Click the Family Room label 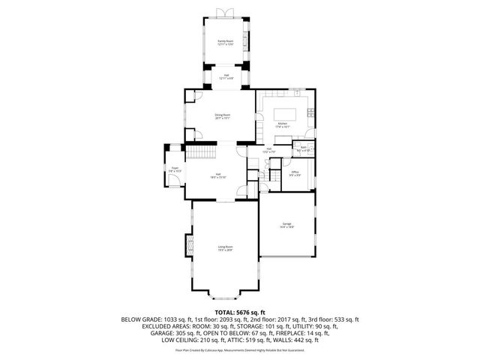pyautogui.click(x=225, y=43)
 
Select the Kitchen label pyautogui.click(x=283, y=124)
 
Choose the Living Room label pyautogui.click(x=225, y=248)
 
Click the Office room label pyautogui.click(x=295, y=173)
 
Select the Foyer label pyautogui.click(x=174, y=169)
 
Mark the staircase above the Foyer pyautogui.click(x=199, y=154)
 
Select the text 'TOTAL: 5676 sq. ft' pyautogui.click(x=240, y=311)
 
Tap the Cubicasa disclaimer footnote pyautogui.click(x=240, y=349)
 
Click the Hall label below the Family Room pyautogui.click(x=225, y=76)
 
